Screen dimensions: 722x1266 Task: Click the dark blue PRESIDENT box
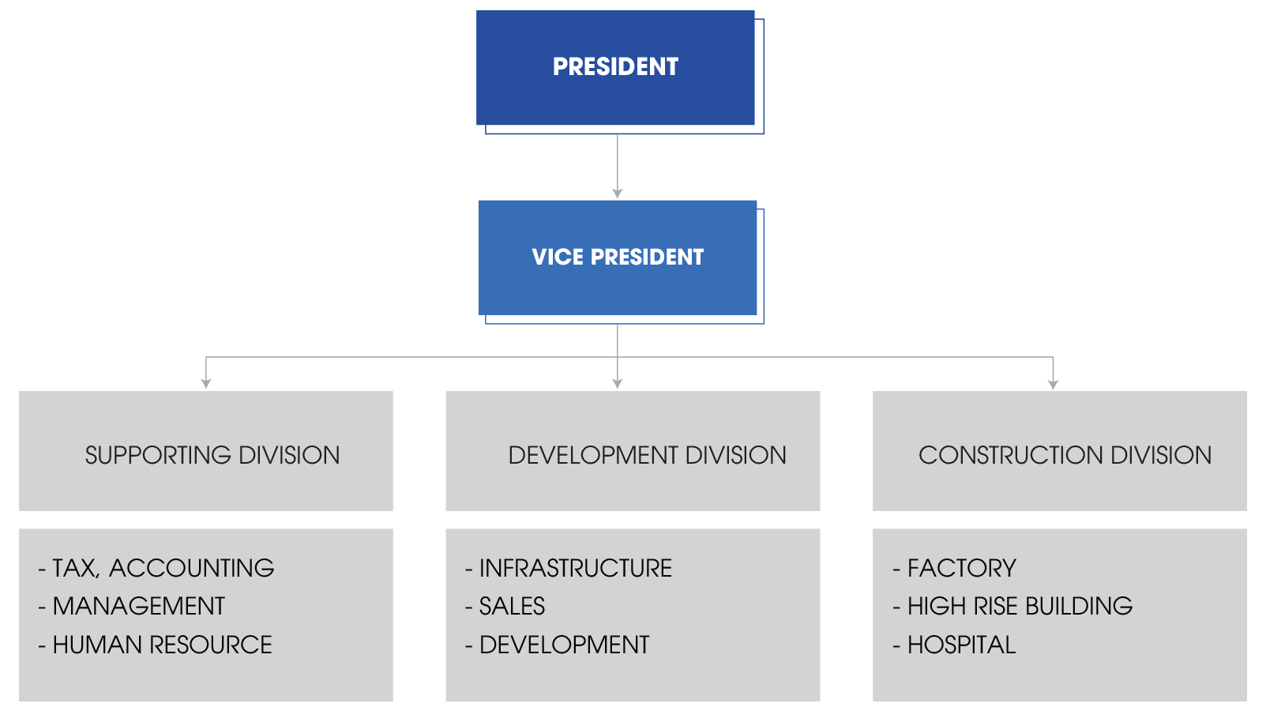615,68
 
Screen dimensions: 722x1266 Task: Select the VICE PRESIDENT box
618,258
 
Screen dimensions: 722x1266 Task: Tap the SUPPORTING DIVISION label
212,455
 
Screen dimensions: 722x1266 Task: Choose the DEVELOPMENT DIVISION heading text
647,455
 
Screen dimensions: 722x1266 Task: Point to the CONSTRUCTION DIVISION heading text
1065,455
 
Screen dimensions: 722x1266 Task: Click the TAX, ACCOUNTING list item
163,568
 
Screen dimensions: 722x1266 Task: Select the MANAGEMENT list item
138,606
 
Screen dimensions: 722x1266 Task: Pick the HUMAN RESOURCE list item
162,645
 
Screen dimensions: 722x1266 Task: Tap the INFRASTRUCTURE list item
575,568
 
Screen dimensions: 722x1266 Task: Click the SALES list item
512,606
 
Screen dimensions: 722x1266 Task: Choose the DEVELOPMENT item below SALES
564,645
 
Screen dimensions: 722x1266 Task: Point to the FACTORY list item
961,568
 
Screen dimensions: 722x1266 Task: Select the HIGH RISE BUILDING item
1020,606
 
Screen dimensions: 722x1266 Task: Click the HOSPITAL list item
961,645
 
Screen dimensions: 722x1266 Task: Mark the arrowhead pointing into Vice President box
618,194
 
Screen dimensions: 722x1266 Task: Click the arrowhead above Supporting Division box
206,384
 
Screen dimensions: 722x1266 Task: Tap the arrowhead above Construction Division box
1053,384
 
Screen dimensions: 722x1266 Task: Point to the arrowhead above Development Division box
618,384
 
